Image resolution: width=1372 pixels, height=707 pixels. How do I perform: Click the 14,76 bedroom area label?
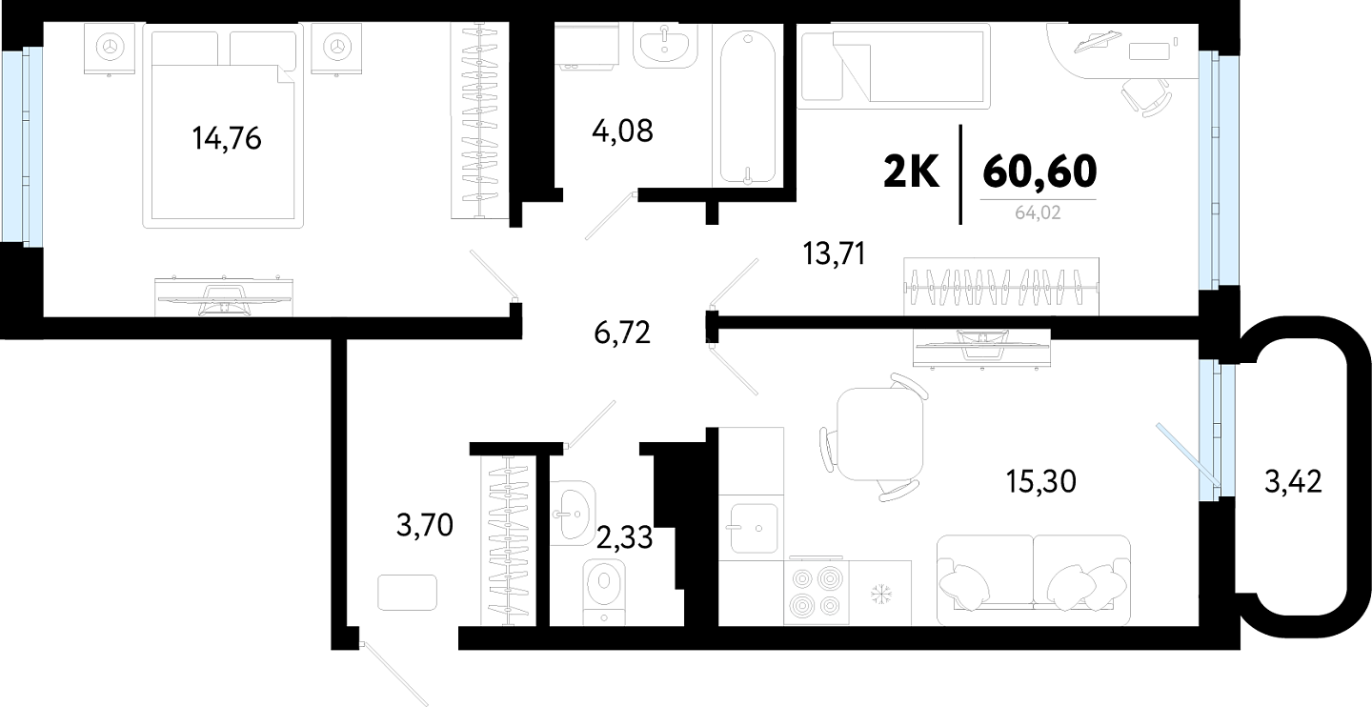pyautogui.click(x=227, y=138)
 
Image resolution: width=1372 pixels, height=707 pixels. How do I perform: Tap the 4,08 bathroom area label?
pyautogui.click(x=622, y=131)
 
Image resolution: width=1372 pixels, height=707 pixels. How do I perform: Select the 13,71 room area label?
pyautogui.click(x=835, y=253)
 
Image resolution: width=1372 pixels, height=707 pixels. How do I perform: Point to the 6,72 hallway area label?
pyautogui.click(x=622, y=333)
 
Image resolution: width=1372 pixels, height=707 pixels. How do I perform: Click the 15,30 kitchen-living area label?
pyautogui.click(x=1041, y=482)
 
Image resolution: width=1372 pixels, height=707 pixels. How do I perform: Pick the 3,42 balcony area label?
pyautogui.click(x=1293, y=481)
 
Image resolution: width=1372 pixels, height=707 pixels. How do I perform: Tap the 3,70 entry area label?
pyautogui.click(x=425, y=525)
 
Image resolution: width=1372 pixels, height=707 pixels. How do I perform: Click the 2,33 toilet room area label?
pyautogui.click(x=624, y=538)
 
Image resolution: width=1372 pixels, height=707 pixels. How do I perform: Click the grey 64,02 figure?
pyautogui.click(x=1038, y=212)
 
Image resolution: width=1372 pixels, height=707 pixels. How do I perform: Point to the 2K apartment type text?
pyautogui.click(x=911, y=172)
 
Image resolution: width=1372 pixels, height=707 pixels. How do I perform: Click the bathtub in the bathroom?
pyautogui.click(x=748, y=108)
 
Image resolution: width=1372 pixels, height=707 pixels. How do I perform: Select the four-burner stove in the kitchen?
pyautogui.click(x=816, y=592)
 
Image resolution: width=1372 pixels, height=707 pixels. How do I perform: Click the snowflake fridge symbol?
pyautogui.click(x=880, y=593)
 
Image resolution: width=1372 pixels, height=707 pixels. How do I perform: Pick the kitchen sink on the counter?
pyautogui.click(x=754, y=528)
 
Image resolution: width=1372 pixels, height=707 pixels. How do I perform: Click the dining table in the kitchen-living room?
pyautogui.click(x=879, y=434)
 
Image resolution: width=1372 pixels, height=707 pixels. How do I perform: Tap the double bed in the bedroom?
pyautogui.click(x=223, y=126)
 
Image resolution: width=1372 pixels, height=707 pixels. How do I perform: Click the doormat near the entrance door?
pyautogui.click(x=408, y=593)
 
